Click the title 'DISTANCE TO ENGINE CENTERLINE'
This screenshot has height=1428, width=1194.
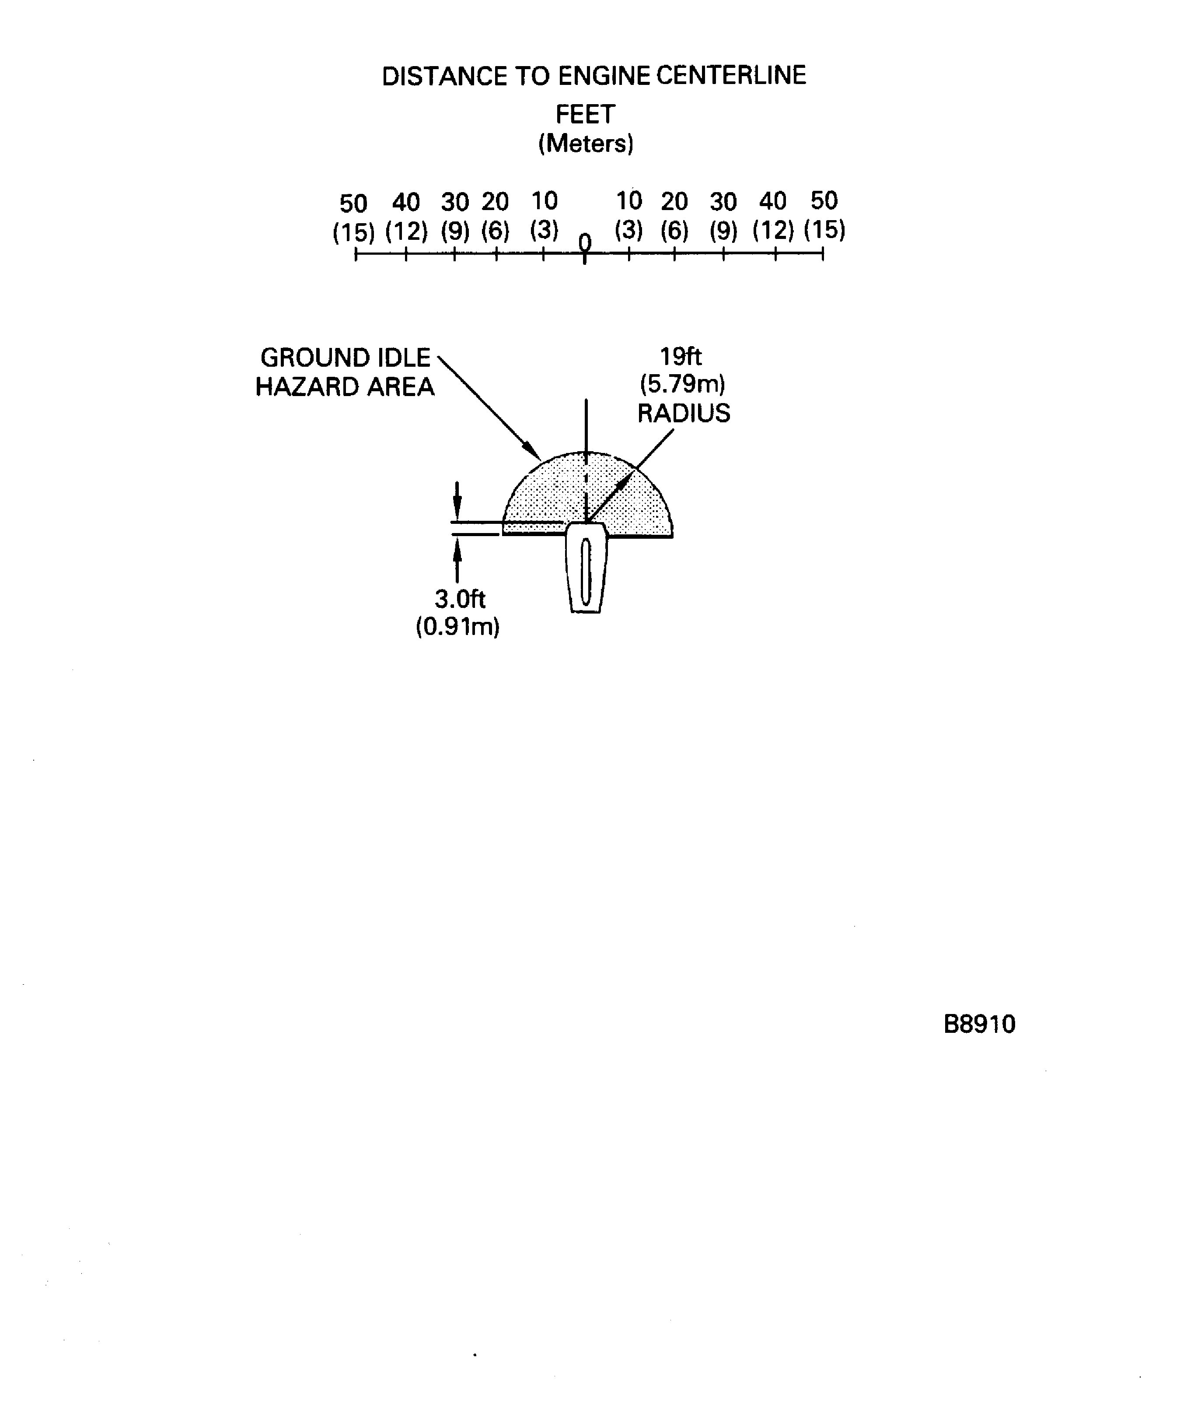tap(594, 75)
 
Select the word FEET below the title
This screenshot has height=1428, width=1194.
tap(585, 114)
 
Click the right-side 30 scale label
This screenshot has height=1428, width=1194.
tap(723, 201)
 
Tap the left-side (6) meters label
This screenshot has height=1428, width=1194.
tap(496, 231)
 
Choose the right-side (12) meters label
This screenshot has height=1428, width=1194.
tap(773, 230)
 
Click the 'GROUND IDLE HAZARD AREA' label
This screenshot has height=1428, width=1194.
tap(345, 372)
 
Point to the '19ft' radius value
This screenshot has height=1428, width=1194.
tap(681, 356)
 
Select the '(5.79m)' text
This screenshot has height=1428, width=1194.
tap(682, 384)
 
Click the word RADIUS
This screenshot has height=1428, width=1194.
tap(684, 413)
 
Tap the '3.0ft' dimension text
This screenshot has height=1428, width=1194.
tap(460, 599)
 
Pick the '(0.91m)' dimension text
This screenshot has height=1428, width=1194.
tap(457, 626)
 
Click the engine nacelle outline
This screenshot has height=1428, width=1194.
tap(586, 568)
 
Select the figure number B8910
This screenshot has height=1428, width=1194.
tap(979, 1024)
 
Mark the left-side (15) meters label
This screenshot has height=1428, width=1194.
tap(353, 232)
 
